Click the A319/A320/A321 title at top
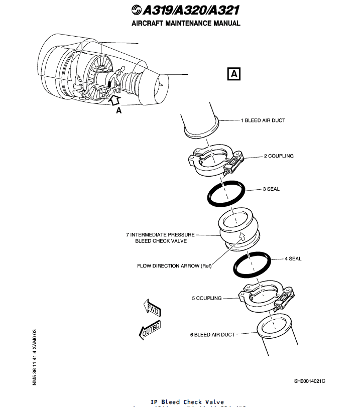point(185,10)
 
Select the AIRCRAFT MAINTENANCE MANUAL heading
point(186,23)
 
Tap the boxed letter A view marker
point(233,74)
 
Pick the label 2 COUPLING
point(279,156)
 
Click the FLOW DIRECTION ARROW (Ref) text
point(174,266)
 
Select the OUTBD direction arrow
point(149,330)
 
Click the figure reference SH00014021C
point(309,381)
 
